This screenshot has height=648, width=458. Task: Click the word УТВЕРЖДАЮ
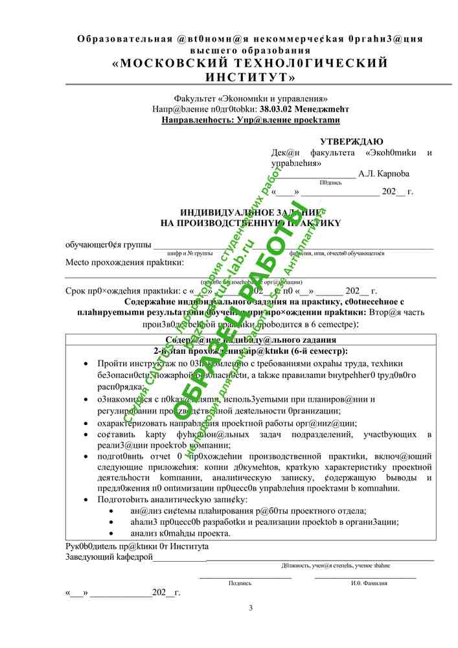coord(351,142)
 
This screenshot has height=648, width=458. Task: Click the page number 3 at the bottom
coord(251,607)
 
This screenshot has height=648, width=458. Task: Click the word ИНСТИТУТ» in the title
coord(250,77)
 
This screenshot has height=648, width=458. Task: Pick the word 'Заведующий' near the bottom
coord(86,557)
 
